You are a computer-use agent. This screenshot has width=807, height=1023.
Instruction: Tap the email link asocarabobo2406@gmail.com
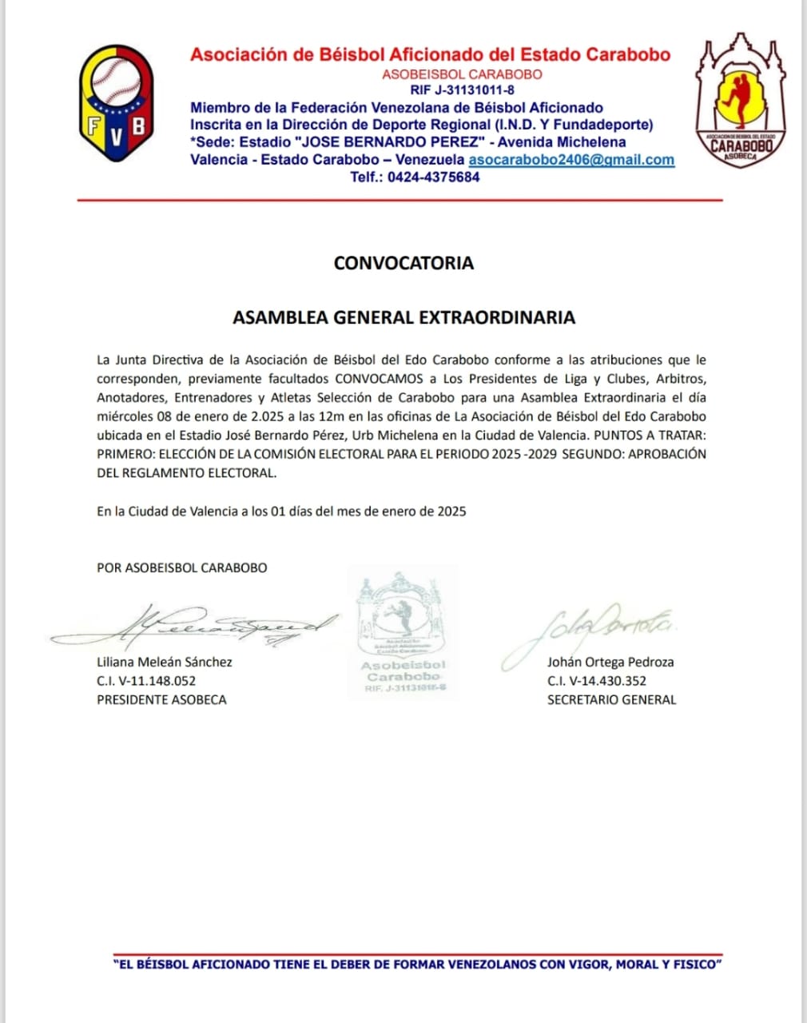click(x=571, y=160)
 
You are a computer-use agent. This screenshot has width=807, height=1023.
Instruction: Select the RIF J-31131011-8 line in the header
click(x=462, y=90)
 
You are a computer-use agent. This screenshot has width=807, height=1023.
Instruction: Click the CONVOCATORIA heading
click(x=403, y=263)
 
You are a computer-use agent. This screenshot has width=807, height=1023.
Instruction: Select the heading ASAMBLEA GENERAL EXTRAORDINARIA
click(x=403, y=317)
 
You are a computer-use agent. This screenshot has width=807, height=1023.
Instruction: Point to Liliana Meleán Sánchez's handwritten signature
click(x=192, y=626)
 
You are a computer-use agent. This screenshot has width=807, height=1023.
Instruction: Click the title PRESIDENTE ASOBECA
click(x=161, y=700)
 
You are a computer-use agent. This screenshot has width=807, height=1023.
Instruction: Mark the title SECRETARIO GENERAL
click(x=611, y=700)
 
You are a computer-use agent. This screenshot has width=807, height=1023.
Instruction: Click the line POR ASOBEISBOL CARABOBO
click(x=182, y=568)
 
